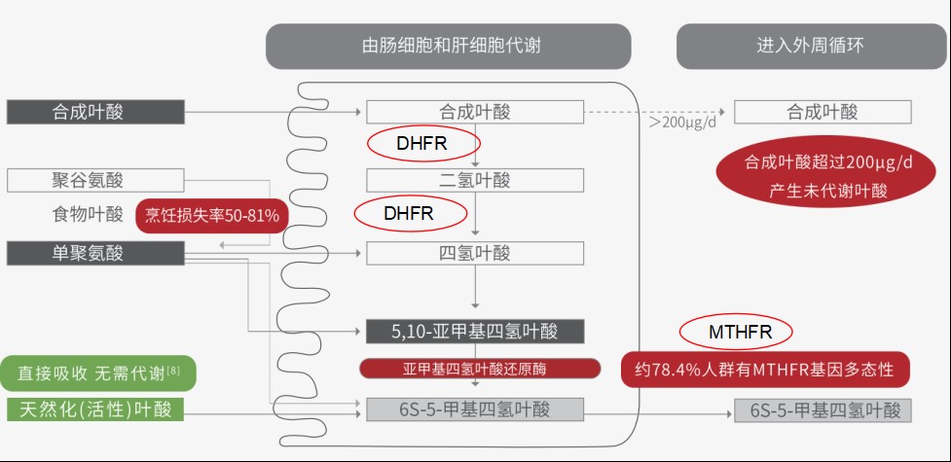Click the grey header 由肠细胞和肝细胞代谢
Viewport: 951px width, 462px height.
448,46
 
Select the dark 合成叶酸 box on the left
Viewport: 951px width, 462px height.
94,112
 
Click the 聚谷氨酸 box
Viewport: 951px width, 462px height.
94,180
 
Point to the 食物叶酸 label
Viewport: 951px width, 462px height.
88,215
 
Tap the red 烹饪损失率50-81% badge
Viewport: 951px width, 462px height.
212,215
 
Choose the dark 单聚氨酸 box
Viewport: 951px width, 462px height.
94,253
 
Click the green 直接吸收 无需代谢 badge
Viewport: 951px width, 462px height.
99,373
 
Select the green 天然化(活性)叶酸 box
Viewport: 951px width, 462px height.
94,409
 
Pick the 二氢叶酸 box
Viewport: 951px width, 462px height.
475,180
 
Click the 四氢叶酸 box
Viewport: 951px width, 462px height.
475,254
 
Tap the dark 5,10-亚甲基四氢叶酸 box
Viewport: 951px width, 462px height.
475,332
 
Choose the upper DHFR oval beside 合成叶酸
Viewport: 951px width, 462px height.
421,144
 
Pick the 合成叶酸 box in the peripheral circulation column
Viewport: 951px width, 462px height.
823,112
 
